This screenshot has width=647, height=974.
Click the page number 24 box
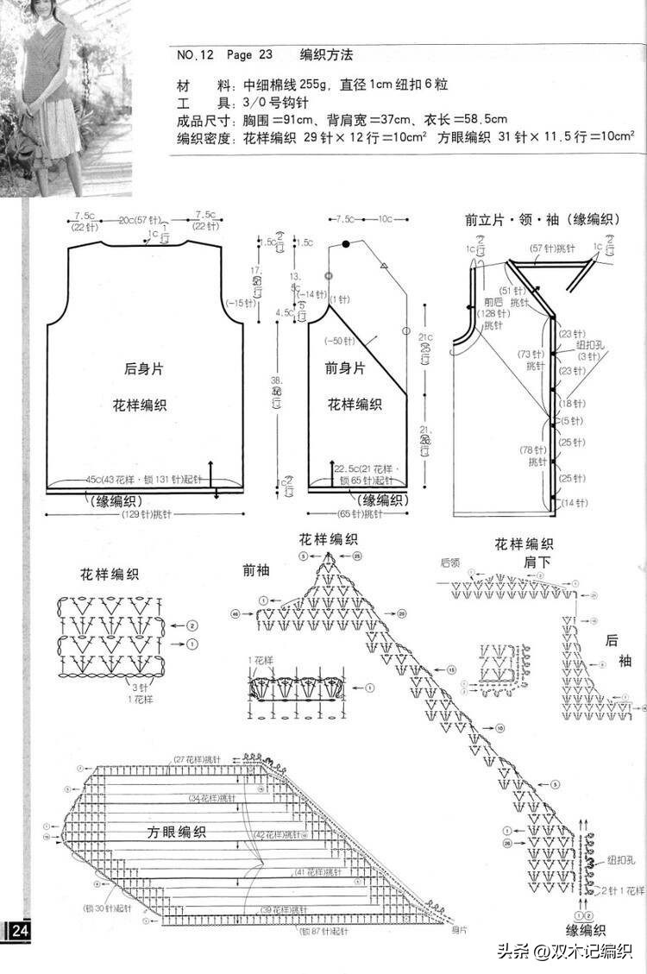click(18, 931)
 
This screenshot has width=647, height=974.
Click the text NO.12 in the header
click(195, 55)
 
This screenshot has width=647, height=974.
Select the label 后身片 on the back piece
click(143, 368)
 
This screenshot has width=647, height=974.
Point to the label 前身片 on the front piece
click(346, 368)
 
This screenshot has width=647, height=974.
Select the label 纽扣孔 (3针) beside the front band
click(589, 349)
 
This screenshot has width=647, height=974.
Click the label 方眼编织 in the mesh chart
click(176, 832)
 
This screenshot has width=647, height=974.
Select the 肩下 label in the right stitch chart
click(537, 561)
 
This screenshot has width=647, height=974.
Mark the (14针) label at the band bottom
click(573, 502)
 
